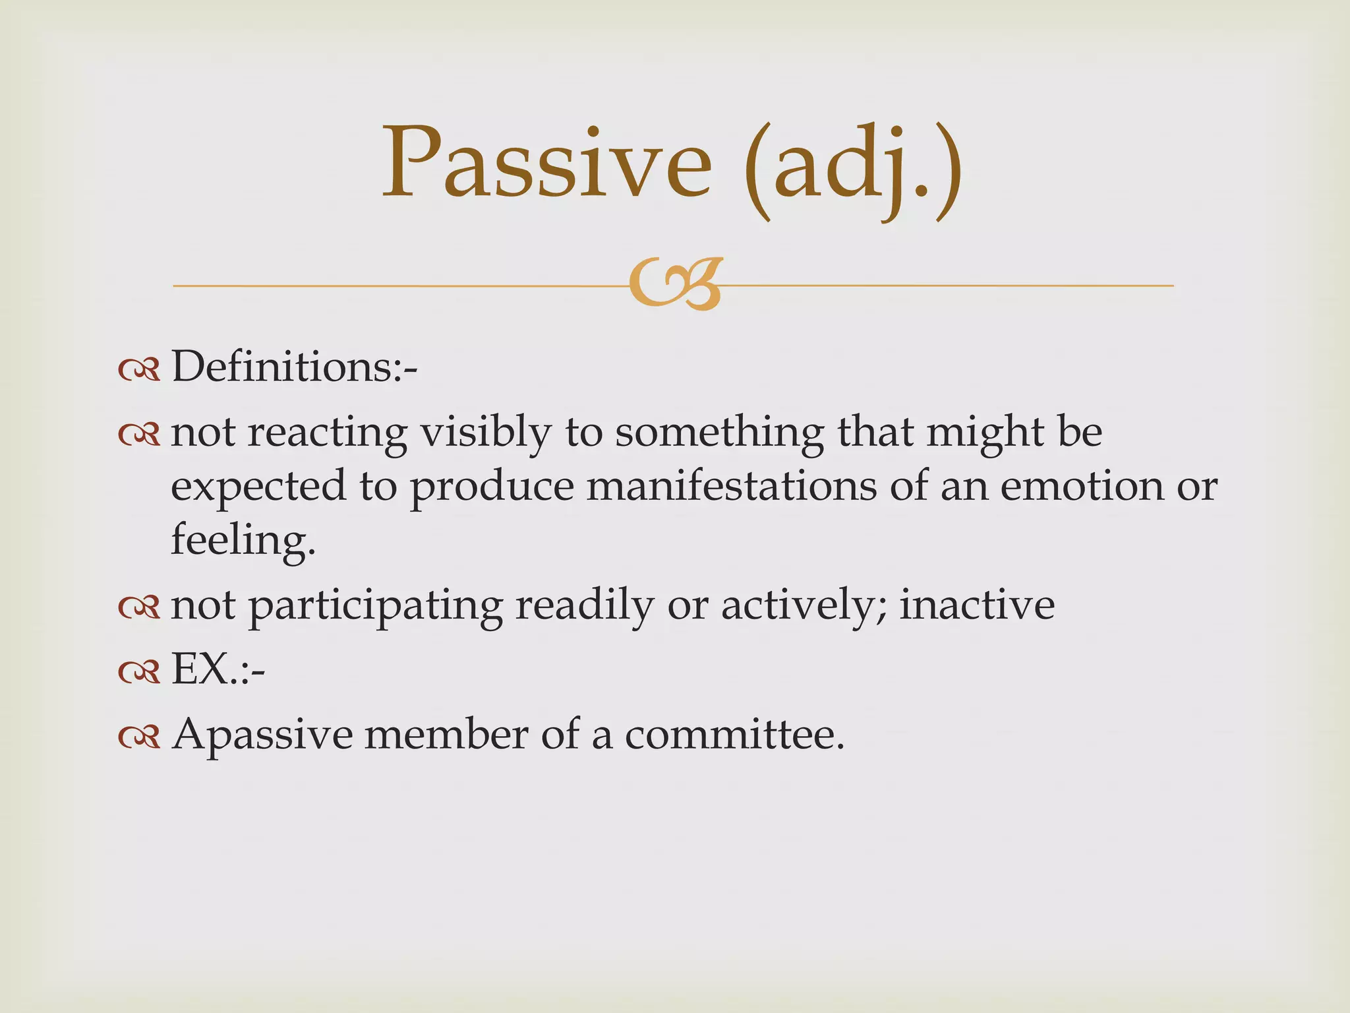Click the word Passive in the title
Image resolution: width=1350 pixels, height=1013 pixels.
(547, 164)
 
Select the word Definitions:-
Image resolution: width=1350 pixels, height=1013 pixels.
(294, 367)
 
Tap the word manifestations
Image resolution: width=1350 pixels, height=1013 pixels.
(731, 487)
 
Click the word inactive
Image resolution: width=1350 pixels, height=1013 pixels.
(977, 605)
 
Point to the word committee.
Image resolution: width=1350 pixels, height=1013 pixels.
(734, 735)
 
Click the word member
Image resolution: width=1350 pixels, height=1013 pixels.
(446, 735)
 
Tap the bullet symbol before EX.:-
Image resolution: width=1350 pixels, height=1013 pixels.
(139, 673)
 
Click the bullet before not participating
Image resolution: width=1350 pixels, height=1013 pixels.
(139, 607)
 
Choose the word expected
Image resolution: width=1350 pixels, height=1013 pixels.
(258, 488)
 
